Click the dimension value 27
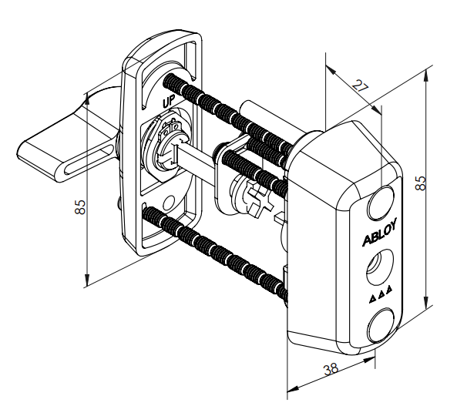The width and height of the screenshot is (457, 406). pyautogui.click(x=360, y=86)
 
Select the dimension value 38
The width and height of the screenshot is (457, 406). pyautogui.click(x=331, y=369)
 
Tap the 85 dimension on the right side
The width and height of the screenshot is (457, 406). pyautogui.click(x=421, y=183)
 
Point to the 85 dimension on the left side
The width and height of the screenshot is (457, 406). pyautogui.click(x=80, y=206)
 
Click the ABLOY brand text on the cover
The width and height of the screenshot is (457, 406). pyautogui.click(x=379, y=233)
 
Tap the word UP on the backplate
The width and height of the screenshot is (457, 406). pyautogui.click(x=169, y=102)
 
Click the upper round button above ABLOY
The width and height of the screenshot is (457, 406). pyautogui.click(x=381, y=203)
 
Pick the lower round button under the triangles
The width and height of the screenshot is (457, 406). pyautogui.click(x=380, y=326)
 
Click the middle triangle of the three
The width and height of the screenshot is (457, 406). pyautogui.click(x=381, y=295)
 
